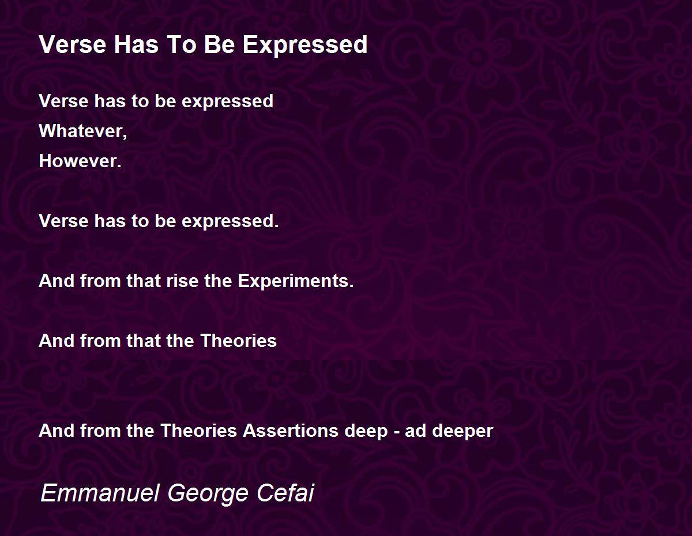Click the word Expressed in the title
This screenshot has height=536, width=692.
point(305,46)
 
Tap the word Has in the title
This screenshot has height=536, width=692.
point(136,44)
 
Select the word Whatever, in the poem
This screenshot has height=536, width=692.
point(83,131)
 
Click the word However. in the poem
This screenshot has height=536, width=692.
point(80,161)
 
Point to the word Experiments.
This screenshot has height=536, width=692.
point(296,281)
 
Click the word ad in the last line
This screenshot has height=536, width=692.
point(415,431)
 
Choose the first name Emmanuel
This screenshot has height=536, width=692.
point(100,493)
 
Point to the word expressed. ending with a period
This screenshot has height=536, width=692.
point(230,221)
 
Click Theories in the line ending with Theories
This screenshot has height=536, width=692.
point(239,341)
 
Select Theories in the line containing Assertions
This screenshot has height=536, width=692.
point(199,431)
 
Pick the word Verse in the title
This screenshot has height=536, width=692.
point(72,44)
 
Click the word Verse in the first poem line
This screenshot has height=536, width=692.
point(63,101)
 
